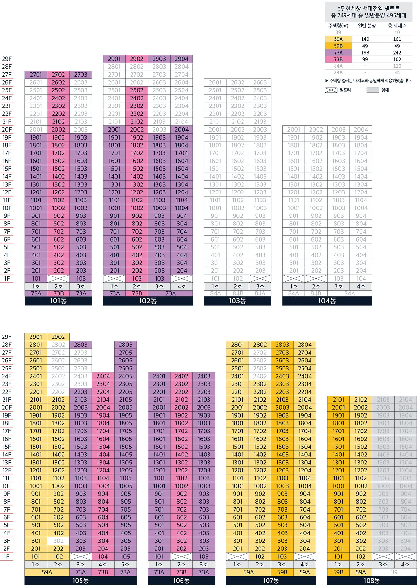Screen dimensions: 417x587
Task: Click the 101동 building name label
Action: [58, 301]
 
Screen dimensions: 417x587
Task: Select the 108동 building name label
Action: [372, 581]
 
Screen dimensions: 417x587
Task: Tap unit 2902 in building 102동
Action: [137, 59]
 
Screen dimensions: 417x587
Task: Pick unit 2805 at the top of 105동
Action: [125, 345]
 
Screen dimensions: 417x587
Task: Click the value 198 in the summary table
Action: [365, 53]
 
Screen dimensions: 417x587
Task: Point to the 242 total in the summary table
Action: [397, 53]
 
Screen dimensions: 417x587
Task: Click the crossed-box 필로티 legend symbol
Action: [331, 90]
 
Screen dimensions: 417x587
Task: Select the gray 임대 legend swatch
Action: [373, 90]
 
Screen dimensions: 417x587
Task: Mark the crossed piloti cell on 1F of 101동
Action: [58, 279]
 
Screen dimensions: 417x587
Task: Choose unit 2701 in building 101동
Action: [36, 75]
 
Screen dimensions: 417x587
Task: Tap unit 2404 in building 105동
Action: [103, 376]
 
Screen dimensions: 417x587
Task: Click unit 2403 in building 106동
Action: [204, 376]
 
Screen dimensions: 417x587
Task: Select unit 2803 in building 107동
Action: [282, 345]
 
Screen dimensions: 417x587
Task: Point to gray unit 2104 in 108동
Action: [405, 400]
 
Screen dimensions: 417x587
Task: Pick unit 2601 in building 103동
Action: [215, 82]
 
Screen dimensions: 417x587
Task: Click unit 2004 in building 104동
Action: [361, 130]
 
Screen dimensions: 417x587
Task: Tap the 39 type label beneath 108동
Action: [394, 572]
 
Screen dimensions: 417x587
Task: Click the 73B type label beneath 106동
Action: [181, 572]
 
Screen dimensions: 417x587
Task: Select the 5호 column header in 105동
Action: [125, 564]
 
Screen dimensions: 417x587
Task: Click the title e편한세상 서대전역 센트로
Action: [369, 8]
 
